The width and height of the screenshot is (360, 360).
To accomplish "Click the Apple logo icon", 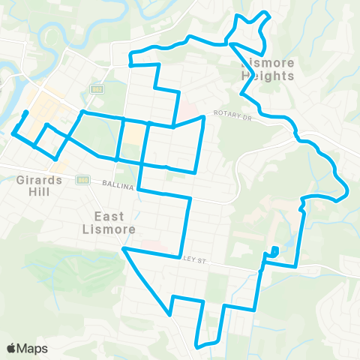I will pos(12,348).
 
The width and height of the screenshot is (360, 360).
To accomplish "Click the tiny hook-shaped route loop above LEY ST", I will pos(274,251).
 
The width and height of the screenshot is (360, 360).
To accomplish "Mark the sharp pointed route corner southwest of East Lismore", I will pos(124,248).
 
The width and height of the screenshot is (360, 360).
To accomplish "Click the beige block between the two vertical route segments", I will pos(133,133).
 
